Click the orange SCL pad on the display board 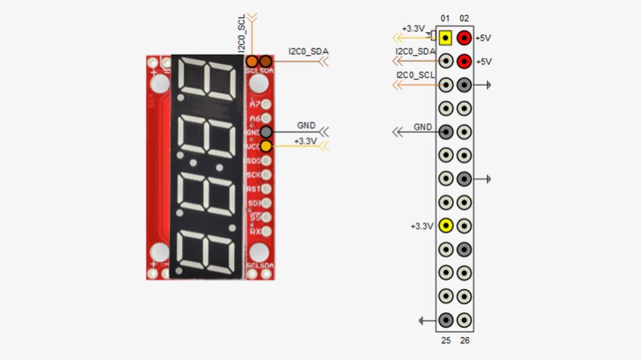coord(252,61)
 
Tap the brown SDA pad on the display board coord(265,61)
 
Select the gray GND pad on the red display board coord(265,132)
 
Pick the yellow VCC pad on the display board coord(265,146)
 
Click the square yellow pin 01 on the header coord(445,38)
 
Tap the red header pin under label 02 coord(465,38)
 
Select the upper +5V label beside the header coord(483,38)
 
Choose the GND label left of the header coord(423,127)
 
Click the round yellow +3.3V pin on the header coord(445,225)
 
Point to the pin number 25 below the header coord(446,340)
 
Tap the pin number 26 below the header coord(465,340)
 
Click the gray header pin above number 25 coord(445,320)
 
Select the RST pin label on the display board coord(254,189)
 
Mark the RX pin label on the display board coord(254,231)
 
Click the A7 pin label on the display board coord(255,104)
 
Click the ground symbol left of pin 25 coord(422,320)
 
